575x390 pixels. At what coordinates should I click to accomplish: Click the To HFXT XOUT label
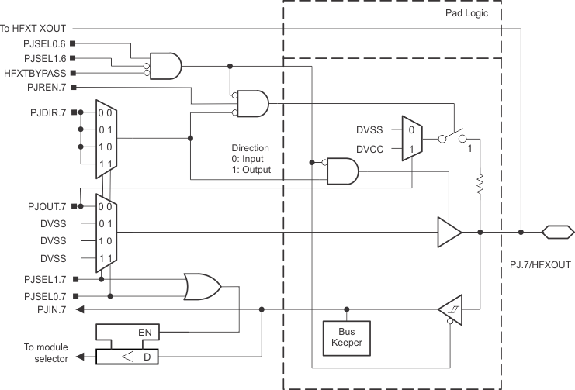click(x=33, y=29)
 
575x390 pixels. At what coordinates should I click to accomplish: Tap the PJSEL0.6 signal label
click(x=45, y=43)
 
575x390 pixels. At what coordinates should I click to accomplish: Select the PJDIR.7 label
click(x=47, y=113)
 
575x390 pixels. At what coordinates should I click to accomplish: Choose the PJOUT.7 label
click(x=46, y=206)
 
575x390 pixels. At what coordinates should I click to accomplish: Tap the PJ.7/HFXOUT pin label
click(x=540, y=265)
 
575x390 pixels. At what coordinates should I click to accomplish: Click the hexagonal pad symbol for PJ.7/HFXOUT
click(x=558, y=231)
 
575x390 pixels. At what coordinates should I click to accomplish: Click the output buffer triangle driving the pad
click(x=449, y=231)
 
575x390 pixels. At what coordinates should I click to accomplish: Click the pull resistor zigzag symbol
click(x=480, y=185)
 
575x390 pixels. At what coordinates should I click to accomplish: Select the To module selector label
click(x=34, y=353)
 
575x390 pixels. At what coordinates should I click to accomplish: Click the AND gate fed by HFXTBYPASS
click(x=166, y=66)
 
